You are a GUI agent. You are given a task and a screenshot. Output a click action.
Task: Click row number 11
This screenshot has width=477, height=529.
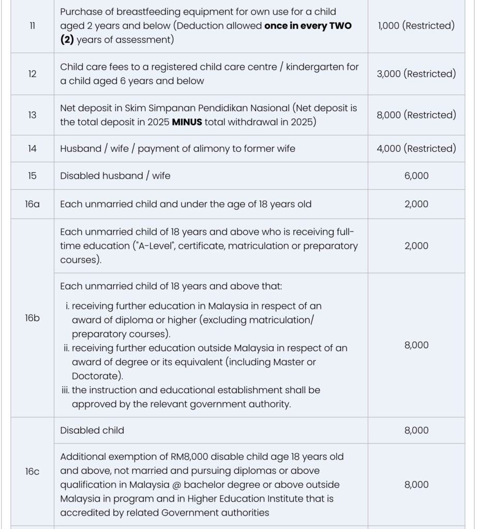coord(32,26)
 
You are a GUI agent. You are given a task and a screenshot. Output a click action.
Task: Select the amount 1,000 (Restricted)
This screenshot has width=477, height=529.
coord(416,26)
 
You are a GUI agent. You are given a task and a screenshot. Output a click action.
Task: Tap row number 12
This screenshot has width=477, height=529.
coord(32,74)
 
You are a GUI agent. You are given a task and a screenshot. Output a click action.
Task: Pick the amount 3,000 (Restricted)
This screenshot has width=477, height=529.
coord(416,74)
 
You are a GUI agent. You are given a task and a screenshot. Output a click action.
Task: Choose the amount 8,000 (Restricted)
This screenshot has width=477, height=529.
coord(416,115)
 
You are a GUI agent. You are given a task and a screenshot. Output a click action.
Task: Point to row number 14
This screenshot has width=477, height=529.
coord(32,149)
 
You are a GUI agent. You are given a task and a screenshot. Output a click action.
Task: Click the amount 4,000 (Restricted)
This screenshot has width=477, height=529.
coord(416,149)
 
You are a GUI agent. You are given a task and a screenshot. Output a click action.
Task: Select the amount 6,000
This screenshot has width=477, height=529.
coord(416,176)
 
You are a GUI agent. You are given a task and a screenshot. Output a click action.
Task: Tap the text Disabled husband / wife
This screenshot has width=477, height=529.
coord(115,176)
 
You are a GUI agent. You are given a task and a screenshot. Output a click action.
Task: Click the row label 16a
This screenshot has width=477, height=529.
coord(32,204)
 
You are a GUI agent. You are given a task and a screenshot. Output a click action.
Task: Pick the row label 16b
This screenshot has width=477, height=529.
coord(32,318)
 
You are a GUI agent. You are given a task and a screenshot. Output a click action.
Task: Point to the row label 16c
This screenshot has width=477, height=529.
coord(32,471)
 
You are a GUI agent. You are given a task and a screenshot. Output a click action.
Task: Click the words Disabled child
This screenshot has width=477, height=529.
coord(92,430)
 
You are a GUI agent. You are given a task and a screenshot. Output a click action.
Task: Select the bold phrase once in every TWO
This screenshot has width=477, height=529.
coord(308,26)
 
